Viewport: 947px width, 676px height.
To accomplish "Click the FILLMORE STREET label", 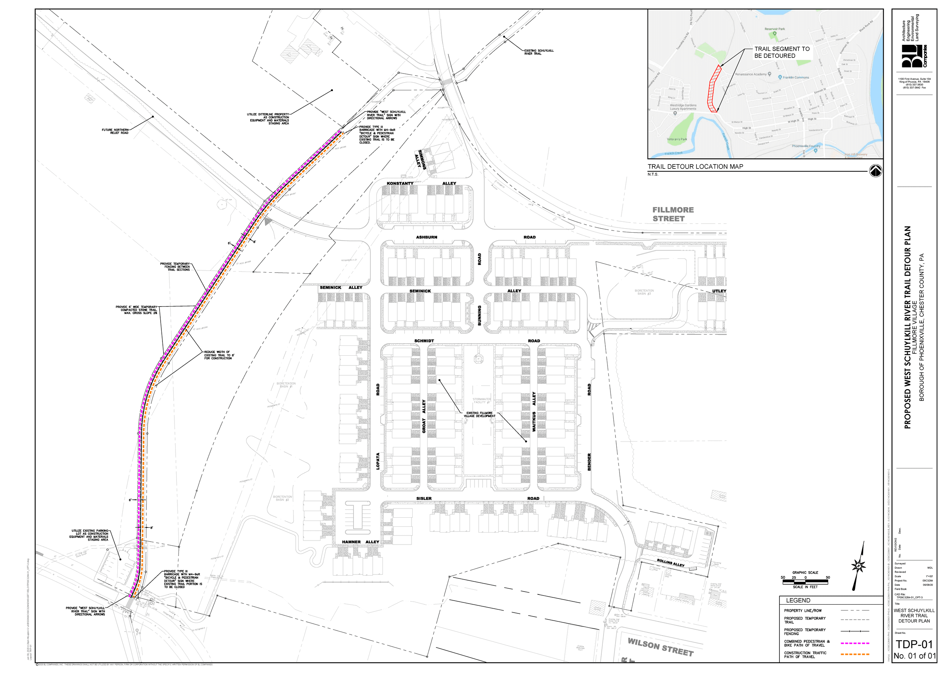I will (673, 214).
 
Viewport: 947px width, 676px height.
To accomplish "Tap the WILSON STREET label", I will (660, 647).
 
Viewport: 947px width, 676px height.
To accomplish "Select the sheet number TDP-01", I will (914, 644).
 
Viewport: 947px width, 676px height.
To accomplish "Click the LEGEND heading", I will (798, 600).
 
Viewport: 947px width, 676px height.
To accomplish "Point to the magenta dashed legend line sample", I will (854, 643).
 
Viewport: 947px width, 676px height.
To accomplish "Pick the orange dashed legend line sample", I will (854, 655).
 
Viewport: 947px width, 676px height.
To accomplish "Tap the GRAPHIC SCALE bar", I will (805, 582).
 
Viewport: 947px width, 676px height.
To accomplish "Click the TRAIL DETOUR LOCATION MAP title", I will (695, 166).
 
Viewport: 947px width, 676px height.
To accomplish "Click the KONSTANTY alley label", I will (400, 183).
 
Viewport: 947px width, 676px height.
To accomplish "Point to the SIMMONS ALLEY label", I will (420, 159).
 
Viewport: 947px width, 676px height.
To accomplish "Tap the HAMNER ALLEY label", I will (360, 542).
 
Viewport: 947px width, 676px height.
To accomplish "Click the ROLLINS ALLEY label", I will (671, 563).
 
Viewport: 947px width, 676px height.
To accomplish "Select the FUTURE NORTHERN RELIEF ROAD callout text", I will (115, 131).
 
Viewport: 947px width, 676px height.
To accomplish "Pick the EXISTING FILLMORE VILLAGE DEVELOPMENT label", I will (479, 415).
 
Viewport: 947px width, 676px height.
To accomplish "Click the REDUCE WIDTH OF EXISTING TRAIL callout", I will (219, 355).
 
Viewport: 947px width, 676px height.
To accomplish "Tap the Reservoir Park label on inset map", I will (775, 29).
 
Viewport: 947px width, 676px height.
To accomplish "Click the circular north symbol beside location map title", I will (875, 171).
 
